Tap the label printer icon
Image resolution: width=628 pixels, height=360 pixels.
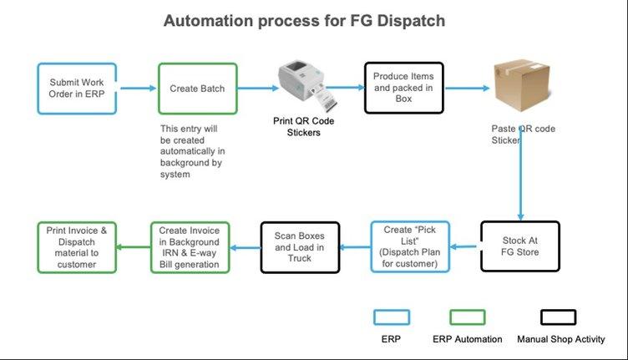(x=307, y=86)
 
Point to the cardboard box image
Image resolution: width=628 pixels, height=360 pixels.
(x=521, y=85)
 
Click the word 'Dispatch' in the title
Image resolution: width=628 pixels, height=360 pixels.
(x=411, y=21)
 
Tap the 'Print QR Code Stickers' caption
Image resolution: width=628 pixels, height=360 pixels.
(x=304, y=126)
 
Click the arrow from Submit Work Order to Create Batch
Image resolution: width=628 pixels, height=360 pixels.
(x=138, y=88)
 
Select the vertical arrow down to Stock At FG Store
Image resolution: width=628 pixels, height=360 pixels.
(x=520, y=173)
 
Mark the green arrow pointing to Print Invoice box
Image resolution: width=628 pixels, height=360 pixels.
(x=134, y=247)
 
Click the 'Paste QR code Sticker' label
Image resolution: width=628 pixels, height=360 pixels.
(x=523, y=134)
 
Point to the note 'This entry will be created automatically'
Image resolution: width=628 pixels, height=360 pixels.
(x=192, y=151)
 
